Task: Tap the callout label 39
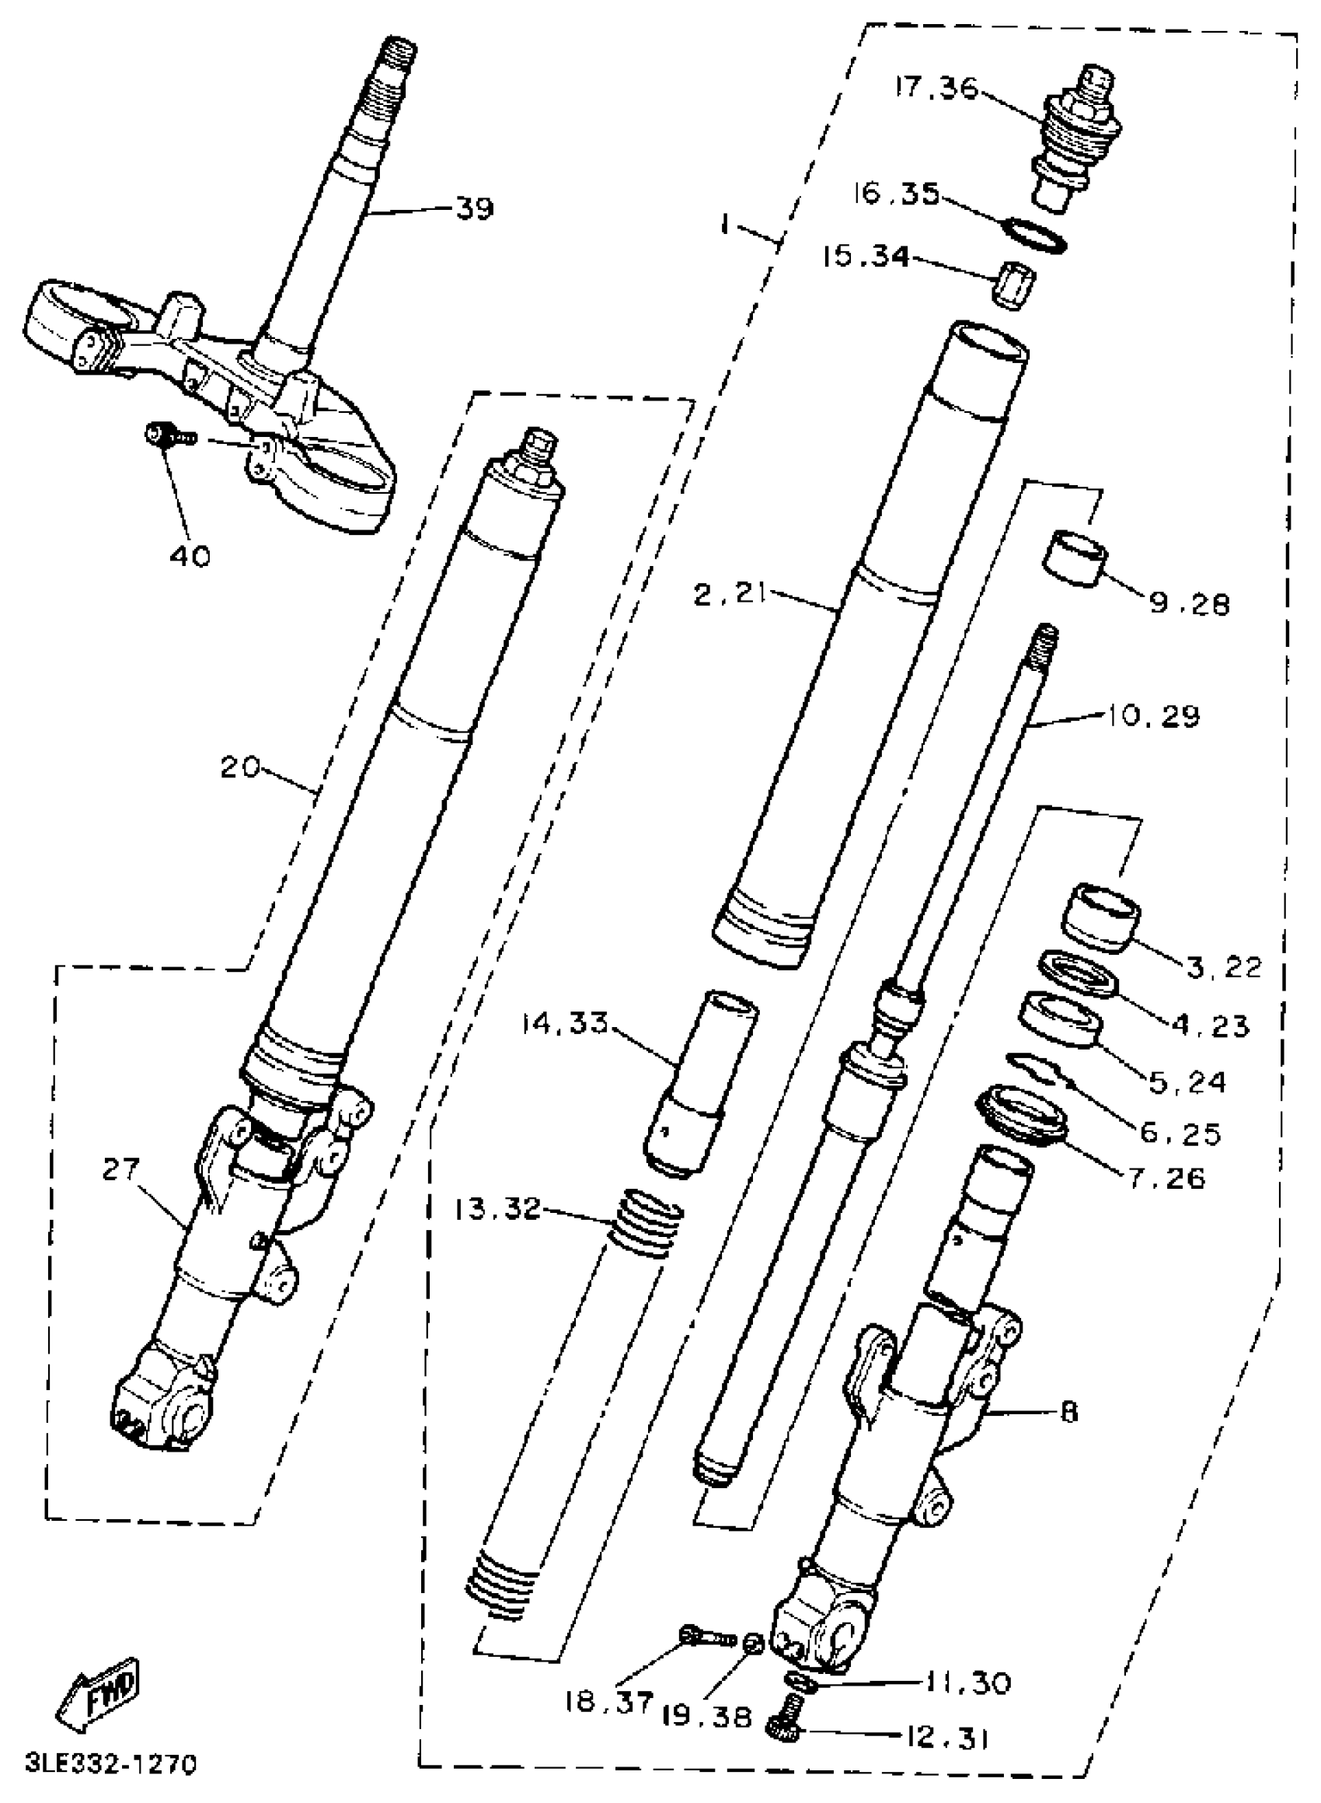tap(475, 209)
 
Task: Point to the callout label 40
tap(190, 554)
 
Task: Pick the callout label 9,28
tap(1189, 605)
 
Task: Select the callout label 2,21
tap(730, 592)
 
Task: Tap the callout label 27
tap(120, 1169)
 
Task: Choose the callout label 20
tap(241, 767)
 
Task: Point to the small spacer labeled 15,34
tap(1013, 285)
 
